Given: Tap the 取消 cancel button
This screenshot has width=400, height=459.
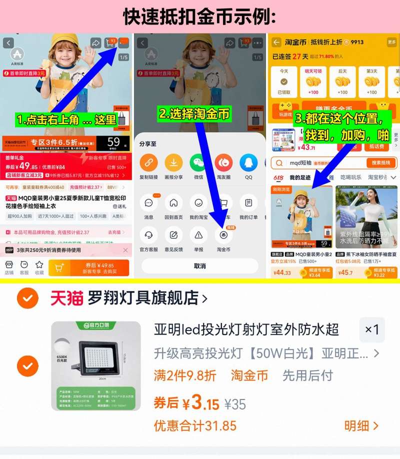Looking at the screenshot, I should coord(199,266).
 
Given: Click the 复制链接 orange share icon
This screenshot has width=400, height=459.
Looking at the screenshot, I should coord(148,162).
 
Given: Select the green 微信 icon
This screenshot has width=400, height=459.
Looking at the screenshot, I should coord(198,162).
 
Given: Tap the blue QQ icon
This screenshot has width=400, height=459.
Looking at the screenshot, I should coord(248,162).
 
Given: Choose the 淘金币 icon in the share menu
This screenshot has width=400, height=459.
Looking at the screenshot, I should coord(223,235).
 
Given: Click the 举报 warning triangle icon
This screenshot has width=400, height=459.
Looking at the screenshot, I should coord(198,235).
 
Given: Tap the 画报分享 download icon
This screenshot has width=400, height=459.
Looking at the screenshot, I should coord(173,162).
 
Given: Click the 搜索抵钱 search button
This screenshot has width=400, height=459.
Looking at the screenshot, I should coord(381,163).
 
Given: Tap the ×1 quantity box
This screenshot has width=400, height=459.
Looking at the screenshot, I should coord(372,329).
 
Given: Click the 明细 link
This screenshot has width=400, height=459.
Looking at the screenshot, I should coord(361,426).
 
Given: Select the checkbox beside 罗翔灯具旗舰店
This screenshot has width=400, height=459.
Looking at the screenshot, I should coord(27,298).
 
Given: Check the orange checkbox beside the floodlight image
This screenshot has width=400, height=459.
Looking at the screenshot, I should coord(27,366).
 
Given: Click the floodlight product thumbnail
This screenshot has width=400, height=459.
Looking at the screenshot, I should coord(96,366).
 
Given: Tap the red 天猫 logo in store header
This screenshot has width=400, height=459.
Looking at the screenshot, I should coord(66,298).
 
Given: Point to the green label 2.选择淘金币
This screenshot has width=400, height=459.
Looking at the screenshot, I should coord(194,114).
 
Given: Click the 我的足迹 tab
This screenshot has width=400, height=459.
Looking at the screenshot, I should coord(300,177).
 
